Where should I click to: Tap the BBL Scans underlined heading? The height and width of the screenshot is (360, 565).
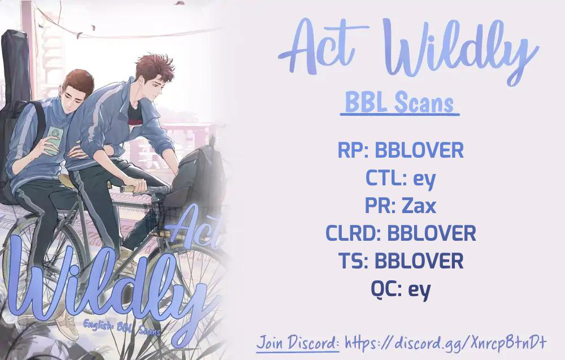[399, 103]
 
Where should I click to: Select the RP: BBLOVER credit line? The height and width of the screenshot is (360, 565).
[401, 150]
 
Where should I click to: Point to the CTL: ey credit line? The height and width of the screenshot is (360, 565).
[401, 179]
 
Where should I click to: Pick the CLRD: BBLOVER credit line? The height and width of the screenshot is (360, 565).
[401, 233]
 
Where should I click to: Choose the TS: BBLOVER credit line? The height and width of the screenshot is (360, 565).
[401, 261]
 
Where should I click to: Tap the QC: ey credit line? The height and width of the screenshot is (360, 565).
[401, 289]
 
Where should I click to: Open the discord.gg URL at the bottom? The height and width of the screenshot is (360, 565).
[446, 342]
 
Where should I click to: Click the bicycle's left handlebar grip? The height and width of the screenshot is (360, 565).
[133, 188]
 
